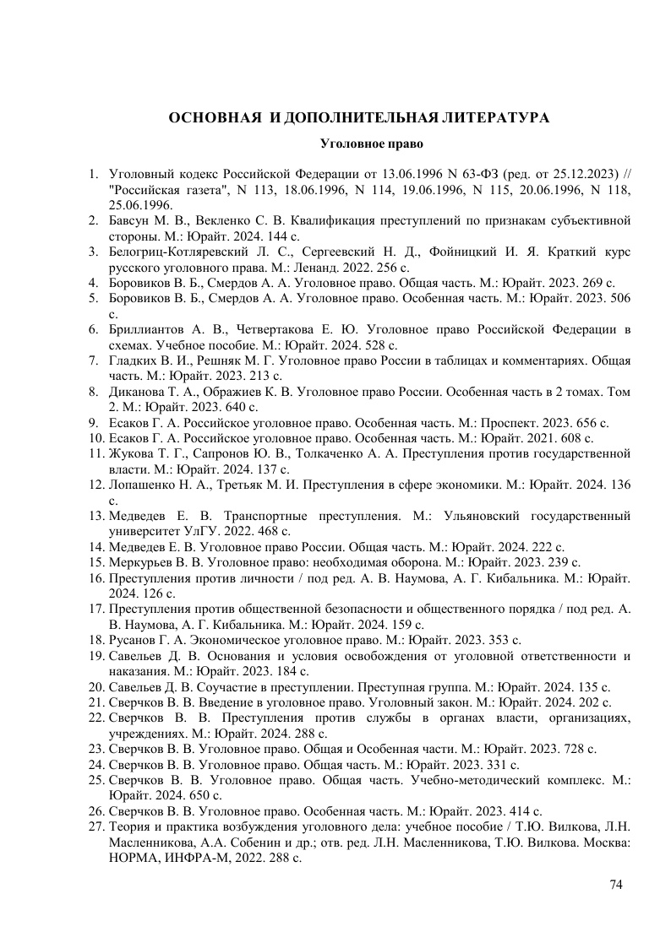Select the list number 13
95,515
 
